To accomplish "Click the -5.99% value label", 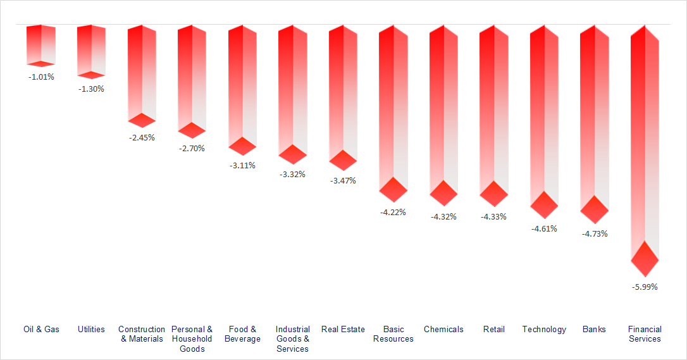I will [645, 287].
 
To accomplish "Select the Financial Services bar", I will [645, 139].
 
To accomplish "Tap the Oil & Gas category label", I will [41, 329].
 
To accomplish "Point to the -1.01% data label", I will [41, 77].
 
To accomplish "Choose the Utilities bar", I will [91, 51].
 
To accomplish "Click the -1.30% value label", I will [91, 89].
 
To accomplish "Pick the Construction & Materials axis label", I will [142, 334].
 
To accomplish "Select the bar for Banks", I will [595, 114].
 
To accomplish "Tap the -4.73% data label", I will [595, 233].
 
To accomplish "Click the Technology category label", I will [544, 329].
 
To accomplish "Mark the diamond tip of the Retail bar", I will [493, 194].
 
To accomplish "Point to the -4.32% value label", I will [443, 216].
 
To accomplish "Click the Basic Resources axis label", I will [393, 334].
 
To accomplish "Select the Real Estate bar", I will [343, 89].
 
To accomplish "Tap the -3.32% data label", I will [292, 174].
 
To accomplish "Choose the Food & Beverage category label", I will [242, 334].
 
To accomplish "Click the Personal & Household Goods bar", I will [192, 76].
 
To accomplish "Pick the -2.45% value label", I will [142, 137].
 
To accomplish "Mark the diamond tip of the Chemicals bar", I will [443, 193].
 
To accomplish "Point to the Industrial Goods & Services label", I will [292, 338].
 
